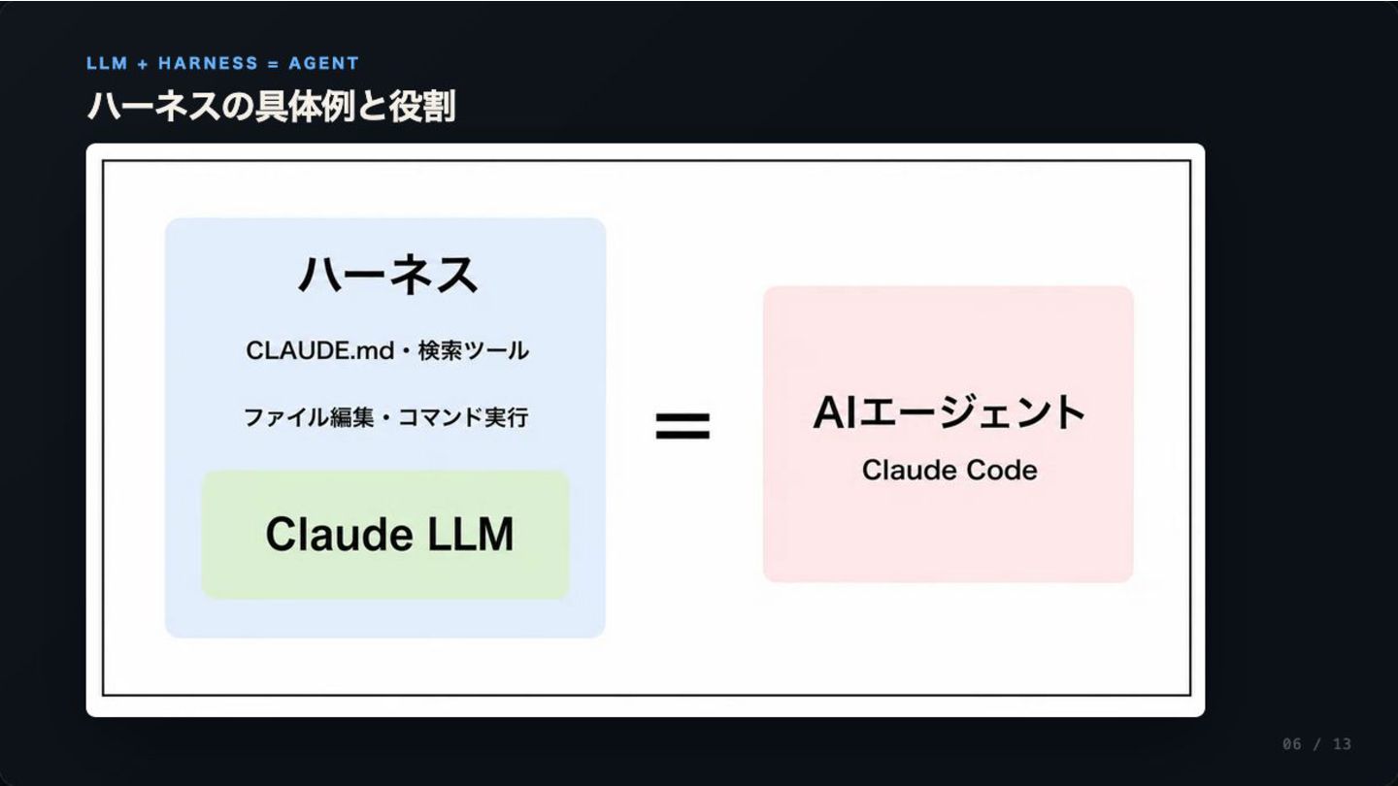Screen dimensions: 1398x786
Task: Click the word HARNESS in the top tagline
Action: click(x=208, y=63)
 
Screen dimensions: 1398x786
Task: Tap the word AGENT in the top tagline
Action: click(x=324, y=63)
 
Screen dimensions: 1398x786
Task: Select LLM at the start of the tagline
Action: click(x=108, y=63)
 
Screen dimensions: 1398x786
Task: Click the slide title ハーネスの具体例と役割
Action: click(x=272, y=106)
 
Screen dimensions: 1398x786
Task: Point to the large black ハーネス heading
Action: click(x=388, y=275)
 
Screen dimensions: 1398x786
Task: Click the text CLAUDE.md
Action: click(x=320, y=350)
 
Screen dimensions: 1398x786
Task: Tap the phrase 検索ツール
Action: click(x=474, y=350)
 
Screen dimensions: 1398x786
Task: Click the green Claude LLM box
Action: click(x=385, y=535)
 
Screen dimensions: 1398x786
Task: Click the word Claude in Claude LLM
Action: click(x=340, y=535)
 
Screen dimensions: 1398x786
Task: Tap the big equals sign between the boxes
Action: click(x=682, y=425)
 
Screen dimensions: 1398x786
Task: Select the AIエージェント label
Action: click(x=949, y=413)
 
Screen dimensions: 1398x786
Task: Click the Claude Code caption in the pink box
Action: click(x=949, y=471)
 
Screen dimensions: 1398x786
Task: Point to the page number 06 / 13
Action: click(x=1316, y=744)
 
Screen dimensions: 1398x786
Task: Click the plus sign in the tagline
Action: click(x=143, y=64)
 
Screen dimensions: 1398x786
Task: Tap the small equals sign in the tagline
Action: click(x=274, y=64)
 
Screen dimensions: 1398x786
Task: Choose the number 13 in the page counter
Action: click(x=1343, y=744)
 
